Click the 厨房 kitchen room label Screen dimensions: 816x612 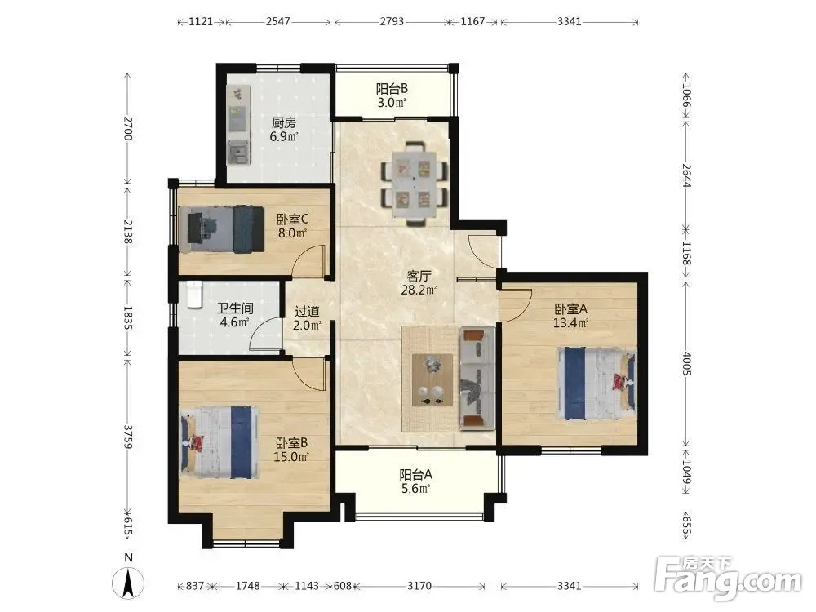click(x=284, y=123)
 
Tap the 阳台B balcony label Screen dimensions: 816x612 click(x=392, y=89)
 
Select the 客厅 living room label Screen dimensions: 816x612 click(x=419, y=276)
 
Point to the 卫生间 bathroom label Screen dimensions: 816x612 click(x=235, y=308)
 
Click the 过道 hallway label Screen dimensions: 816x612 click(x=307, y=311)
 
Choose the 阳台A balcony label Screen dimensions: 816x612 click(x=415, y=475)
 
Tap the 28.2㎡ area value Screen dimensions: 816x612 click(x=419, y=290)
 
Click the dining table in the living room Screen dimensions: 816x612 click(x=415, y=184)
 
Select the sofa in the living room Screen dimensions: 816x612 click(x=477, y=379)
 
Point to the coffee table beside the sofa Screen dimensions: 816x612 click(x=432, y=380)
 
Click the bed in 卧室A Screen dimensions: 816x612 click(x=596, y=384)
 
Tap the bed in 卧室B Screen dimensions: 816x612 click(x=219, y=442)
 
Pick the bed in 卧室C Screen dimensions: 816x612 click(x=222, y=229)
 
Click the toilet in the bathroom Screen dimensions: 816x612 click(x=193, y=295)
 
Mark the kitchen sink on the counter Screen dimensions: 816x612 click(x=239, y=152)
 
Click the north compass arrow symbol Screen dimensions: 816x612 click(x=128, y=583)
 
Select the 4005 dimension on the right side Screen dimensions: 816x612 click(x=686, y=363)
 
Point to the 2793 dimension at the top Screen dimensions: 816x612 click(x=392, y=21)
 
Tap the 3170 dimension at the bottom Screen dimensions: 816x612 click(x=419, y=585)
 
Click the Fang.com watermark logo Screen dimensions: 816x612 click(x=728, y=578)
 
